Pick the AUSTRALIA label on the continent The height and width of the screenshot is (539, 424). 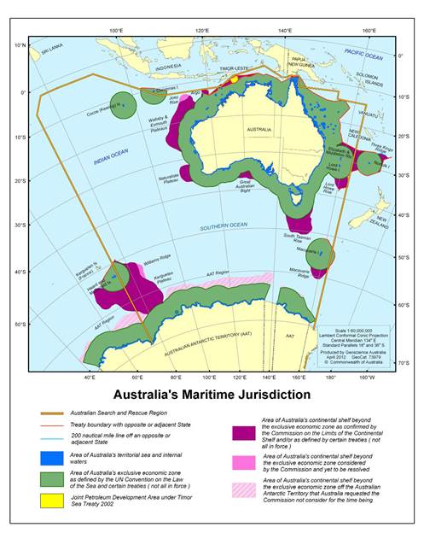click(x=258, y=130)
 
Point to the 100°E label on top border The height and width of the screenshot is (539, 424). click(x=117, y=32)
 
